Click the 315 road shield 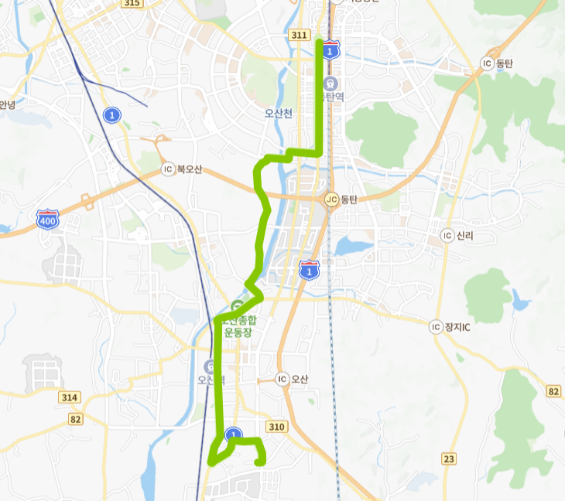(x=132, y=4)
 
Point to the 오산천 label (x=279, y=113)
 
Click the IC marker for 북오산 (x=167, y=169)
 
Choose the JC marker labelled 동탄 (x=332, y=199)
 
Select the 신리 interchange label (x=465, y=235)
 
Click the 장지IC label (x=457, y=327)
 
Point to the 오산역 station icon (x=209, y=366)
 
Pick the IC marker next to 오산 (x=282, y=379)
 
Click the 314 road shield (x=70, y=397)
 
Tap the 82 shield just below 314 (x=75, y=419)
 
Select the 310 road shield (x=276, y=427)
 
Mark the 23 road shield (x=449, y=458)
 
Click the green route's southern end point (x=259, y=462)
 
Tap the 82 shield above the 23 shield (x=553, y=392)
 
